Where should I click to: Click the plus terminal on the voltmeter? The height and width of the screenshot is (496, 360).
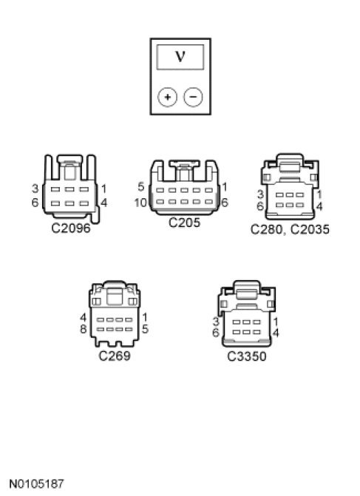coord(167,97)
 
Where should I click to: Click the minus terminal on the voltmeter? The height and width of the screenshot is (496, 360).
coord(193,97)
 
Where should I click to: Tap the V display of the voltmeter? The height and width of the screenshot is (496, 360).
coord(180,57)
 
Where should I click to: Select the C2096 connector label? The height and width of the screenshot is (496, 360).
coord(71,228)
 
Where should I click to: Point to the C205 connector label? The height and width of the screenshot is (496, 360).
coord(184,222)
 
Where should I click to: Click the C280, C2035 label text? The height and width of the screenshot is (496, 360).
coord(290,229)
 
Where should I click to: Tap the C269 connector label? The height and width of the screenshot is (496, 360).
coord(115,356)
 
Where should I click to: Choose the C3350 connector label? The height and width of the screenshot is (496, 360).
coord(247,356)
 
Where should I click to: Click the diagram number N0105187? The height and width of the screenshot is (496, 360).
coord(36,484)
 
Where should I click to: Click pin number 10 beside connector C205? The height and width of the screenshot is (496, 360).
coord(140,203)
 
